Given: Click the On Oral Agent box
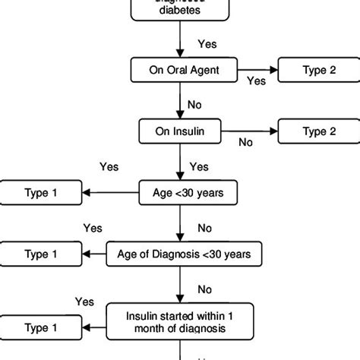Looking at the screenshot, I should (180, 70).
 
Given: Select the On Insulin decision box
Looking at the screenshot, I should (180, 131).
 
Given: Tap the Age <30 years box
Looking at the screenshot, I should (180, 193).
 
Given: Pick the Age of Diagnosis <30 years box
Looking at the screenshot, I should (180, 254).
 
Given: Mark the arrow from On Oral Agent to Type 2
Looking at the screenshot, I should (251, 70).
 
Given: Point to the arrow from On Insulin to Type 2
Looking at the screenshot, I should (251, 131).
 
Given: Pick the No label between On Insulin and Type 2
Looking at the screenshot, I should (245, 141).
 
